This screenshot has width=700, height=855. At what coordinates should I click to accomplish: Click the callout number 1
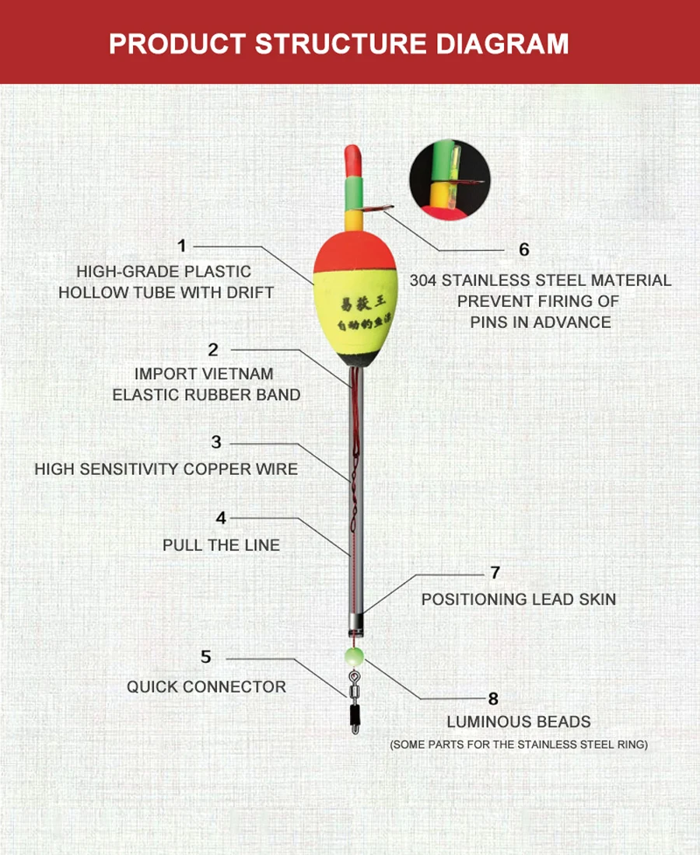182,246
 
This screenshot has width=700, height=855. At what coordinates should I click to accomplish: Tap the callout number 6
524,250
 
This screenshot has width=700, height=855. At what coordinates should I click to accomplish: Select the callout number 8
493,699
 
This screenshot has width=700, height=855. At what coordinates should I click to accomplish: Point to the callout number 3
216,442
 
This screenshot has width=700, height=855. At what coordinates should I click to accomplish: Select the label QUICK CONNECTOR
206,687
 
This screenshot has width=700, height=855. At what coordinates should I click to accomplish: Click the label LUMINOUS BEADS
519,722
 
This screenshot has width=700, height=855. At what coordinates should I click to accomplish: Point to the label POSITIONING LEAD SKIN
519,599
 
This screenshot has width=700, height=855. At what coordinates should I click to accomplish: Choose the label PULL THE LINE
221,546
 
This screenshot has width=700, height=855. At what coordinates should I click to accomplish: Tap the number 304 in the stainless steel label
423,281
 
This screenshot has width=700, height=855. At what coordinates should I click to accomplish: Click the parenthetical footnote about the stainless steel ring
519,745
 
